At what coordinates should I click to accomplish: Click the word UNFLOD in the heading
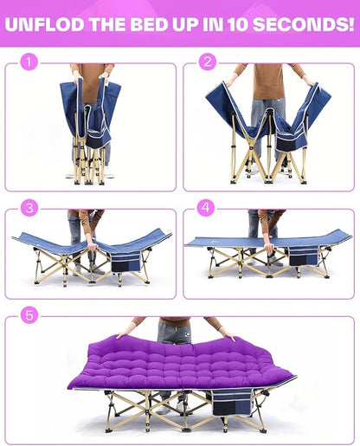(x=45, y=24)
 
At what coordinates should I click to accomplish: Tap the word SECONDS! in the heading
(x=304, y=24)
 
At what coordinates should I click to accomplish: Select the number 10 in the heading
(x=238, y=24)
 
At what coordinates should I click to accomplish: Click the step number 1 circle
(x=29, y=61)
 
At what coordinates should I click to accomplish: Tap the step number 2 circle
(x=208, y=61)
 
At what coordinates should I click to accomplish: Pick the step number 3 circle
(x=29, y=208)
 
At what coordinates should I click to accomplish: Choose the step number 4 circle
(x=206, y=208)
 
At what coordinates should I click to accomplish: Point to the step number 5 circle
(x=29, y=315)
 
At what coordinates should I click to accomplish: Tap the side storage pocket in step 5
(x=232, y=402)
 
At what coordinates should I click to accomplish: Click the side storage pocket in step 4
(x=303, y=256)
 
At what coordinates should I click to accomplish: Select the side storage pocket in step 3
(x=125, y=262)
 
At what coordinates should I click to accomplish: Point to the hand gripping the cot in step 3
(x=93, y=247)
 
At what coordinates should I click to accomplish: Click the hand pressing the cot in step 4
(x=269, y=249)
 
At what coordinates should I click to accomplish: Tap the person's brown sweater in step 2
(x=268, y=81)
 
